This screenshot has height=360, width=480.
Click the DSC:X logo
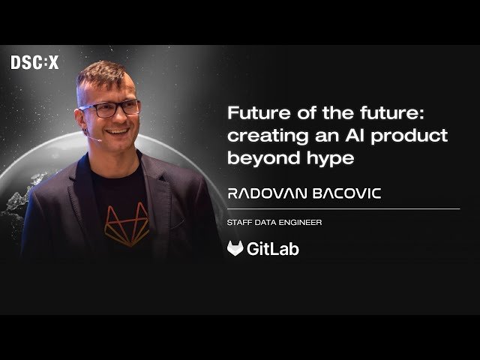[34, 63]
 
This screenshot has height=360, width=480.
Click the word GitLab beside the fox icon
[273, 249]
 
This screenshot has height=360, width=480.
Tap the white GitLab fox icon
[235, 249]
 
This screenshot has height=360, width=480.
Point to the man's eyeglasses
[110, 109]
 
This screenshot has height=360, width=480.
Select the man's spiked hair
[105, 75]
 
